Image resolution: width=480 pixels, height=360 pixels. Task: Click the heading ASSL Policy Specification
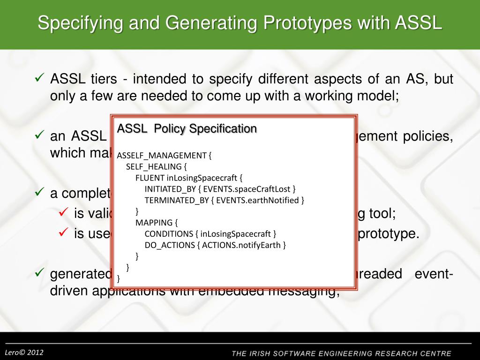click(x=187, y=128)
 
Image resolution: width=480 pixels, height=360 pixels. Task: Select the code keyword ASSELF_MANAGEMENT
click(x=162, y=156)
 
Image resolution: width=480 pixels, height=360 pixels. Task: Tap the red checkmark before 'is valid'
click(x=64, y=212)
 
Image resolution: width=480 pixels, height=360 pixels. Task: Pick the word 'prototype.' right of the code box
click(x=389, y=233)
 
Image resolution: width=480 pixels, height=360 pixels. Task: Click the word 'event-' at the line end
click(x=434, y=274)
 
